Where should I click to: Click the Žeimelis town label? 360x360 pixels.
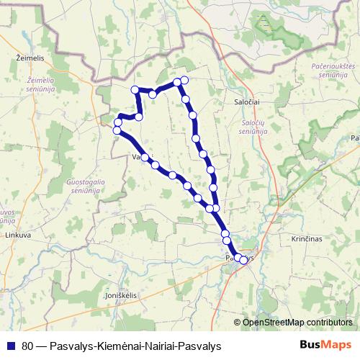(27, 55)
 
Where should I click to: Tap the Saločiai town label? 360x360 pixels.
(246, 102)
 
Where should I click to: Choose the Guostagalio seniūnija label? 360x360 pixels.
(85, 186)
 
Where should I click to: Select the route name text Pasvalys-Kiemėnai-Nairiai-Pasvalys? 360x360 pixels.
(135, 345)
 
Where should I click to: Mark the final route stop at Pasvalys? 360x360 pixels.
(243, 260)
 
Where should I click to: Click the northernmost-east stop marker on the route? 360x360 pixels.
(184, 80)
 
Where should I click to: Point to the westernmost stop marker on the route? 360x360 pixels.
(117, 130)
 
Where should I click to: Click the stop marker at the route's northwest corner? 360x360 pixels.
(135, 89)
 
